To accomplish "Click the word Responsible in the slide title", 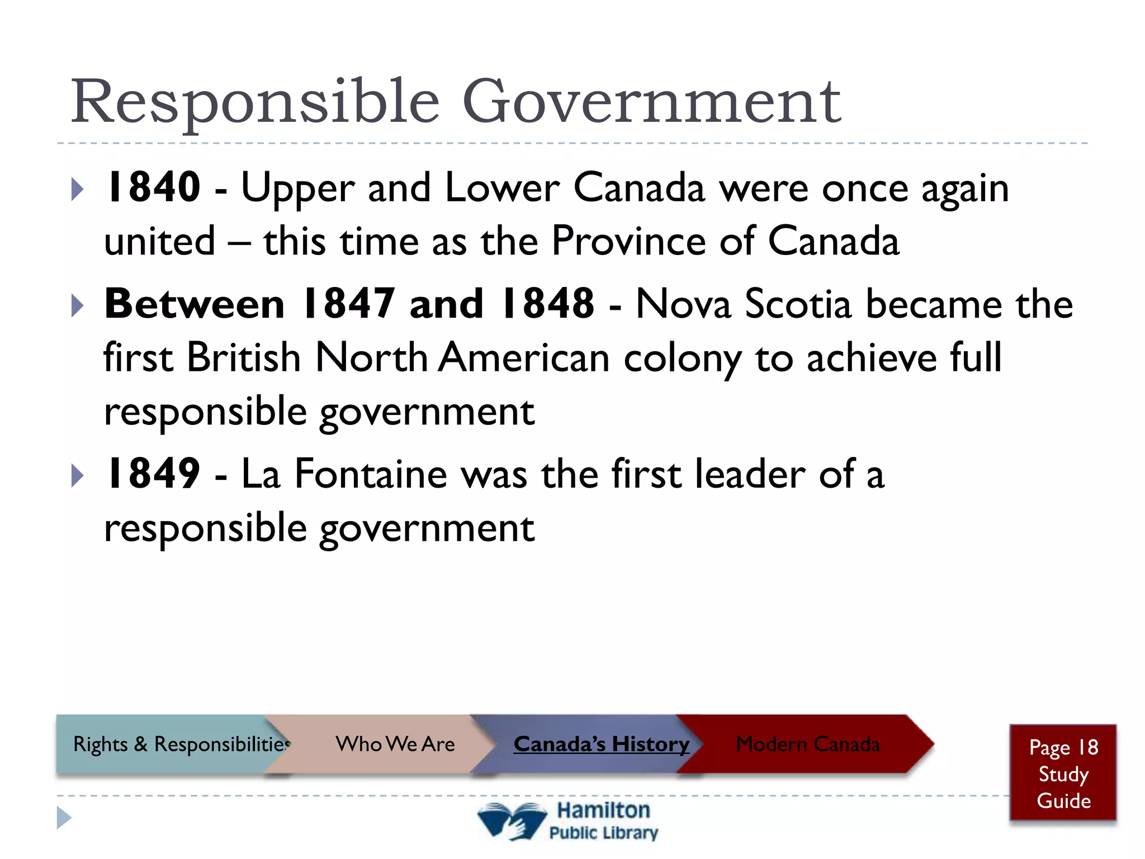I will (x=255, y=102).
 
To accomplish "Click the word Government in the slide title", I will (x=651, y=102).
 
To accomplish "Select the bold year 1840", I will (x=153, y=187).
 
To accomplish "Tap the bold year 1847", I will (x=348, y=304).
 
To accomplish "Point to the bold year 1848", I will (x=547, y=304).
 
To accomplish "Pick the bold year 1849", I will (x=153, y=474).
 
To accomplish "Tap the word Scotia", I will (x=798, y=305).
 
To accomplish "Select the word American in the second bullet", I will (x=524, y=358).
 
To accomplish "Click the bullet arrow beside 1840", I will (x=78, y=190).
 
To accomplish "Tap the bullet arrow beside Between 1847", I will (x=78, y=306).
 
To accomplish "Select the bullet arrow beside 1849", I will (x=78, y=476).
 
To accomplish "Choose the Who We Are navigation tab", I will (x=395, y=744).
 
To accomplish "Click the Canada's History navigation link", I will (x=601, y=744).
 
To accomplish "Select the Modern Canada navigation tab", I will (x=807, y=744).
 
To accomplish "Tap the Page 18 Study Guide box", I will (x=1063, y=773).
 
